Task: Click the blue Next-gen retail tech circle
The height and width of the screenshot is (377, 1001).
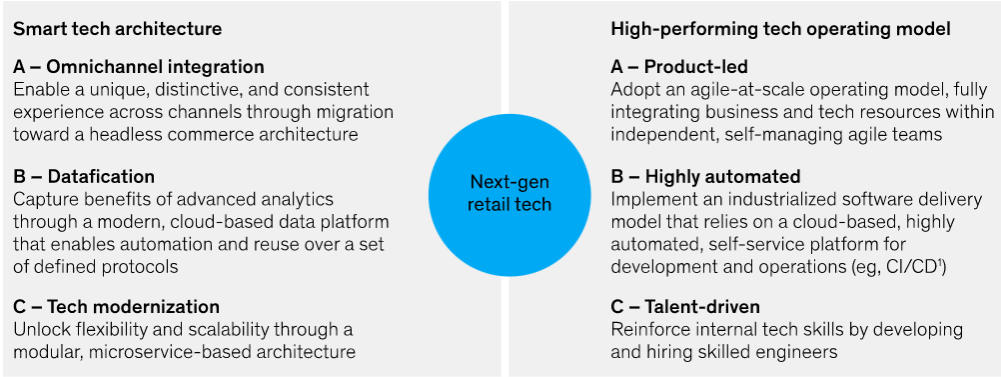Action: point(509,194)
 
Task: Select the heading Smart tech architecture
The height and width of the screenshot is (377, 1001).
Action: point(118,29)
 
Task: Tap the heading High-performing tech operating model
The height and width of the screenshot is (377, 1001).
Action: point(781,29)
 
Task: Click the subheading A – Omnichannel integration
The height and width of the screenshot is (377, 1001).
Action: point(139,67)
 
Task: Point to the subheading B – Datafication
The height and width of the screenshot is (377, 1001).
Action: point(84,176)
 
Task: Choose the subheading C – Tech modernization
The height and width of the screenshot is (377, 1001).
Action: point(116,307)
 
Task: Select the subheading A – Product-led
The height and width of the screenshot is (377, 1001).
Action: point(679,67)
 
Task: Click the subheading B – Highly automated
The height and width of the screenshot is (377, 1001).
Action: point(705,176)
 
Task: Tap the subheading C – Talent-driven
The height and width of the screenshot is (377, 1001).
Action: point(685,307)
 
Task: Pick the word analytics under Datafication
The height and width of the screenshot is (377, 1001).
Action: point(302,200)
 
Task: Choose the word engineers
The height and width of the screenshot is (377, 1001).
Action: point(802,351)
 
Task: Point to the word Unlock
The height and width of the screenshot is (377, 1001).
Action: point(36,330)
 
